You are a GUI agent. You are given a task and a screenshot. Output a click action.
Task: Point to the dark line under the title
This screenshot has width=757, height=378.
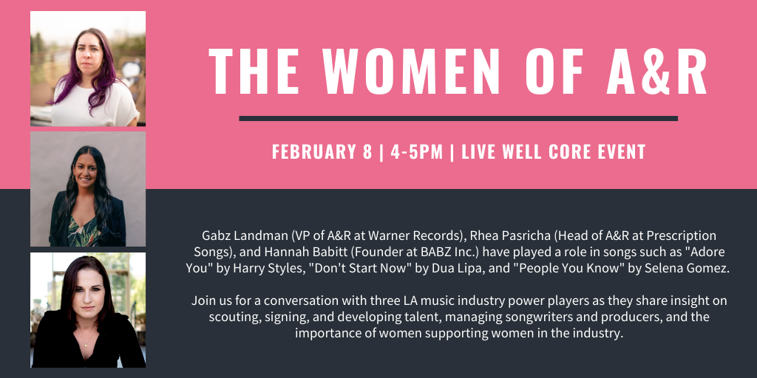[x=458, y=118]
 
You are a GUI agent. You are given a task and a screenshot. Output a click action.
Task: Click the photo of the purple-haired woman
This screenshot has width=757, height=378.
[x=88, y=69]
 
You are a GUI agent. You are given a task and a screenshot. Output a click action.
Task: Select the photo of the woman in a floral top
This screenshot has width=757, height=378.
[x=88, y=189]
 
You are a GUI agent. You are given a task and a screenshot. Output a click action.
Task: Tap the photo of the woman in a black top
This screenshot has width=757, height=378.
[x=88, y=310]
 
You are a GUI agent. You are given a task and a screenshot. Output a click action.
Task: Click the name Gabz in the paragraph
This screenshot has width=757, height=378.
[x=214, y=236]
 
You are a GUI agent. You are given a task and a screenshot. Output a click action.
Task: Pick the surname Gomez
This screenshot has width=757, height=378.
[x=710, y=269]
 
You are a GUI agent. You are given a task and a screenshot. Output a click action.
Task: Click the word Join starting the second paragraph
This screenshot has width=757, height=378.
[x=203, y=301]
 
